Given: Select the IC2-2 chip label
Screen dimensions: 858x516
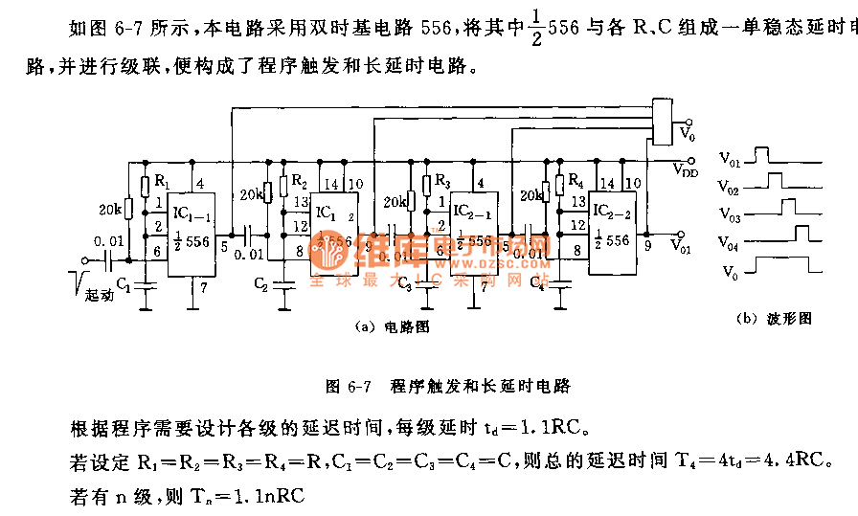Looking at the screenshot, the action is point(612,209).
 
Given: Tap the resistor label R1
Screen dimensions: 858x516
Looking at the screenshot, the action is point(162,182).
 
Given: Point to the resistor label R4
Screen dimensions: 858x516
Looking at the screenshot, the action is point(575,181).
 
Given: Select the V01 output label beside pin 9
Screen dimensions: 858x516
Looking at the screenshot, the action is point(682,248).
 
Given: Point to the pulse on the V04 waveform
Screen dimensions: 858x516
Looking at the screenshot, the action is point(802,231).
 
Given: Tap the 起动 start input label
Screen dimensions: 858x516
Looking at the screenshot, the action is point(99,296).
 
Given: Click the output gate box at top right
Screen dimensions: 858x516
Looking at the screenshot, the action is point(662,120).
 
